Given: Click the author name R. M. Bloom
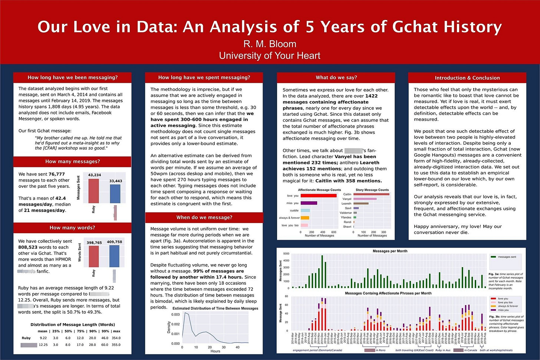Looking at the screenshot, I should pyautogui.click(x=270, y=44).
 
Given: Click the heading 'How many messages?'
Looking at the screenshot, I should pyautogui.click(x=72, y=161).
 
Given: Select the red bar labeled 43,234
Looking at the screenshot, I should pyautogui.click(x=93, y=191).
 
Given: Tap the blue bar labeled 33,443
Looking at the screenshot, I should pyautogui.click(x=115, y=194).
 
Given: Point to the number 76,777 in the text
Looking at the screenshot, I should pyautogui.click(x=56, y=174).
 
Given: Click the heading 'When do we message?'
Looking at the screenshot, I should pyautogui.click(x=204, y=217).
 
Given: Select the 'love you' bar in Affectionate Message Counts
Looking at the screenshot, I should pyautogui.click(x=319, y=196).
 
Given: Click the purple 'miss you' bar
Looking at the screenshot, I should pyautogui.click(x=309, y=203).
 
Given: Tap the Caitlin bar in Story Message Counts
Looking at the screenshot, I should pyautogui.click(x=371, y=194).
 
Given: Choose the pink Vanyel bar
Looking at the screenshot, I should pyautogui.click(x=365, y=199).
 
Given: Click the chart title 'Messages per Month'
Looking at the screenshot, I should pyautogui.click(x=390, y=251).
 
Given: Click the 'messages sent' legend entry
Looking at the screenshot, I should pyautogui.click(x=507, y=257).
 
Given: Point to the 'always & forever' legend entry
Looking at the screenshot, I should pyautogui.click(x=508, y=306).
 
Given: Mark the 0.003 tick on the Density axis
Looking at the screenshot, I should pyautogui.click(x=175, y=314).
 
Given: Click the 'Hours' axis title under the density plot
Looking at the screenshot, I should pyautogui.click(x=215, y=351).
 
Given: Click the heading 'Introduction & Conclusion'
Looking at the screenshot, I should pyautogui.click(x=467, y=78).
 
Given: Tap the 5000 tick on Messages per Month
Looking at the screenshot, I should pyautogui.click(x=286, y=254).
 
